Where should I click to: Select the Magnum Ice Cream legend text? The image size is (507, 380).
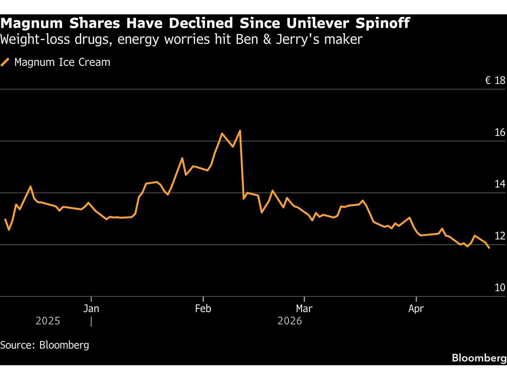62,62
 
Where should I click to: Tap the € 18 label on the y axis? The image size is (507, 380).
495,81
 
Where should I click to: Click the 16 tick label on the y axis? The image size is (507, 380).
500,133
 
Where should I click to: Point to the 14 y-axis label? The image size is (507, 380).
500,184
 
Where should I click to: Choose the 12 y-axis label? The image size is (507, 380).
500,236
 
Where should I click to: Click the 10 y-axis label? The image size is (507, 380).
500,288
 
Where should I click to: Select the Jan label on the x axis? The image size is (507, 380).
91,309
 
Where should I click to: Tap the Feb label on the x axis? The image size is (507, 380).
203,309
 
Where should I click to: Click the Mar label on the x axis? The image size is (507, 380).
304,309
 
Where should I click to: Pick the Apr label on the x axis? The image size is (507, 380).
416,309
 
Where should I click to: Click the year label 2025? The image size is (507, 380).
48,321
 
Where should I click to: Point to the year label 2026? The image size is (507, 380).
290,321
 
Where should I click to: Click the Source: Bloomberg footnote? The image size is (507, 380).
45,345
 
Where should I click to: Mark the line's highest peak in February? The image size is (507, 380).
240,131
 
